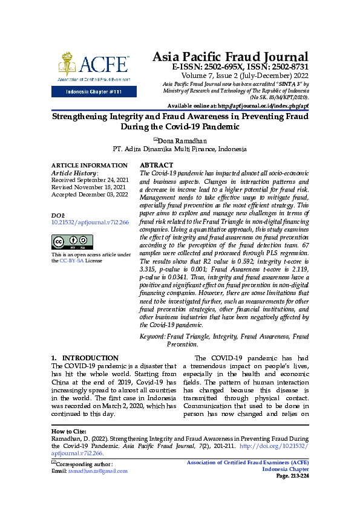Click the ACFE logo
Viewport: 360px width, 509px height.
coord(93,66)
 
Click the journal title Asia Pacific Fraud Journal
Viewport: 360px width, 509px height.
coord(230,56)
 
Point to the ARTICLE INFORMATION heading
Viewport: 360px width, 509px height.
coord(89,165)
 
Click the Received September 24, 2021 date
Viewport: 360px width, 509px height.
coord(89,180)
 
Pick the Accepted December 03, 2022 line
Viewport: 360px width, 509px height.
coord(90,195)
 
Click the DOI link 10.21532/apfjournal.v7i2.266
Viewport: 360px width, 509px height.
coord(90,222)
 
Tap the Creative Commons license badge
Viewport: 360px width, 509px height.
coord(72,242)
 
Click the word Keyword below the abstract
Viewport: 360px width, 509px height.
coord(152,336)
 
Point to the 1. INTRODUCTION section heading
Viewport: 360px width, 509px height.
coord(85,358)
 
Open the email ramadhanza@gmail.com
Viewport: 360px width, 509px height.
coord(97,470)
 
